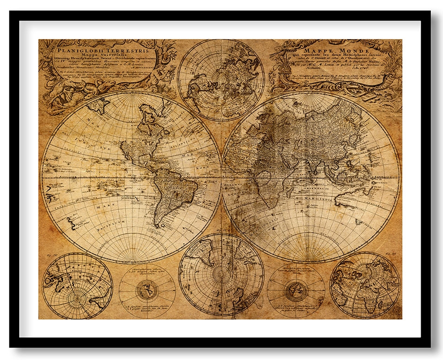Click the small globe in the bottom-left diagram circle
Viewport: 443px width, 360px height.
147,292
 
